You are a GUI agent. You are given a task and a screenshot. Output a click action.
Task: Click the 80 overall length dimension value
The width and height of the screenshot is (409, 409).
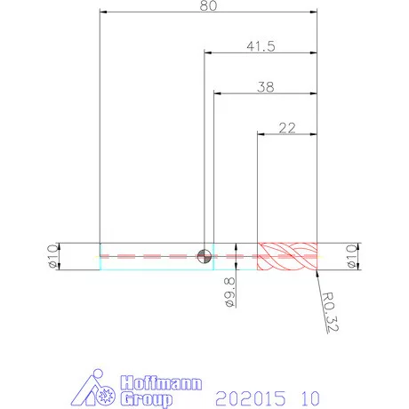(208, 5)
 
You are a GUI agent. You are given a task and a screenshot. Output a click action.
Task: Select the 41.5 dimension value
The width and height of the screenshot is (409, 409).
(261, 46)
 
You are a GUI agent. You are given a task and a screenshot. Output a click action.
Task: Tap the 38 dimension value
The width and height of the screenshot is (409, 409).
(266, 87)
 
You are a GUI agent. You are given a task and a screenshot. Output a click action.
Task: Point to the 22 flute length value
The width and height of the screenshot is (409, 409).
(287, 128)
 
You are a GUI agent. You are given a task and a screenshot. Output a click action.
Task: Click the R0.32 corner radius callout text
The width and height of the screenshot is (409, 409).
(331, 312)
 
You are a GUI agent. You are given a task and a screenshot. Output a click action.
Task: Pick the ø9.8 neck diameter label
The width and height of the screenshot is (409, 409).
(230, 293)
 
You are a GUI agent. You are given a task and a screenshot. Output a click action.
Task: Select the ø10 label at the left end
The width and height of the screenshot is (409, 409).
(53, 256)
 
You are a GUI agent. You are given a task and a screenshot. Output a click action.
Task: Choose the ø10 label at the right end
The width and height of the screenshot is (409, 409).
(352, 256)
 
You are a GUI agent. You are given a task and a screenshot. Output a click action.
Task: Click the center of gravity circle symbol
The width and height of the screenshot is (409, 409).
(204, 256)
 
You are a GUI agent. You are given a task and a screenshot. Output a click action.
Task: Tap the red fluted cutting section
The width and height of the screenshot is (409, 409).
(287, 256)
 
